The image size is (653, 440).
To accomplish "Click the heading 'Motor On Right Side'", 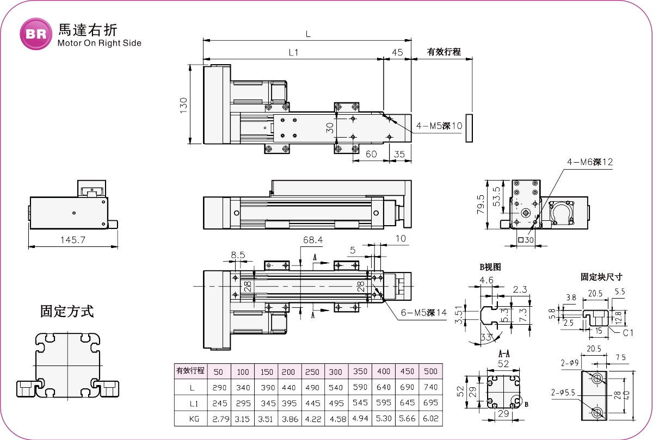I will pyautogui.click(x=99, y=44).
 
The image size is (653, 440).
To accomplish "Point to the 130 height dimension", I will pyautogui.click(x=183, y=104).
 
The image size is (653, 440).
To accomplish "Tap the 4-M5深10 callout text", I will pyautogui.click(x=439, y=126).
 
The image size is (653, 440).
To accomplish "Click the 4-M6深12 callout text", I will pyautogui.click(x=590, y=162).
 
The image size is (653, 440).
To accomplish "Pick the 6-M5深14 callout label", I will pyautogui.click(x=424, y=313).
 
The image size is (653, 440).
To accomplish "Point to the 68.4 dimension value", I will pyautogui.click(x=312, y=239).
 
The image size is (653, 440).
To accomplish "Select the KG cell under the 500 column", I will pyautogui.click(x=430, y=419).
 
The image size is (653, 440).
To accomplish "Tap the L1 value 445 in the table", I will pyautogui.click(x=313, y=403).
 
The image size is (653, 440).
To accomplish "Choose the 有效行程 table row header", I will pyautogui.click(x=190, y=371).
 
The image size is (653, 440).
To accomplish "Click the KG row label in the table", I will pyautogui.click(x=191, y=419).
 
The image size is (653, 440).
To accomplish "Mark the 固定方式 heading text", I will pyautogui.click(x=67, y=312).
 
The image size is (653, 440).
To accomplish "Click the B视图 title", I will pyautogui.click(x=489, y=267).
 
